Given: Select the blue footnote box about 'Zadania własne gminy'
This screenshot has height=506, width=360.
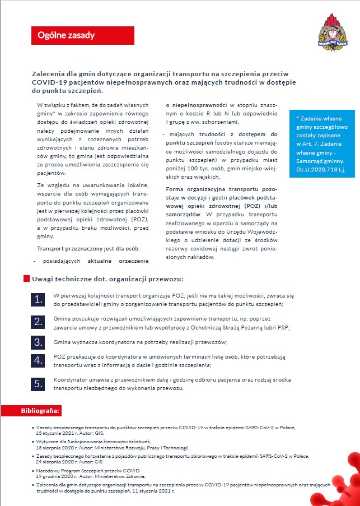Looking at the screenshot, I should (x=322, y=143).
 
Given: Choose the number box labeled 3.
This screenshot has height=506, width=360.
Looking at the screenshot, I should (x=38, y=342).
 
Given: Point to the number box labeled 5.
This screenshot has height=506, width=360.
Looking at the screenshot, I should (x=38, y=384).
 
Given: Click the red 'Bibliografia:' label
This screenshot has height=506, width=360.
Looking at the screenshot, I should (x=40, y=411).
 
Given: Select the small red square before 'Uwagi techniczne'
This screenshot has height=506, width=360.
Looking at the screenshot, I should (x=26, y=278).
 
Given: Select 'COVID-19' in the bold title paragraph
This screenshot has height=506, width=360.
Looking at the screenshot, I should (x=52, y=82).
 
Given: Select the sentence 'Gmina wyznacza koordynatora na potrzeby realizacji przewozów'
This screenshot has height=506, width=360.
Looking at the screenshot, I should (x=140, y=342).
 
